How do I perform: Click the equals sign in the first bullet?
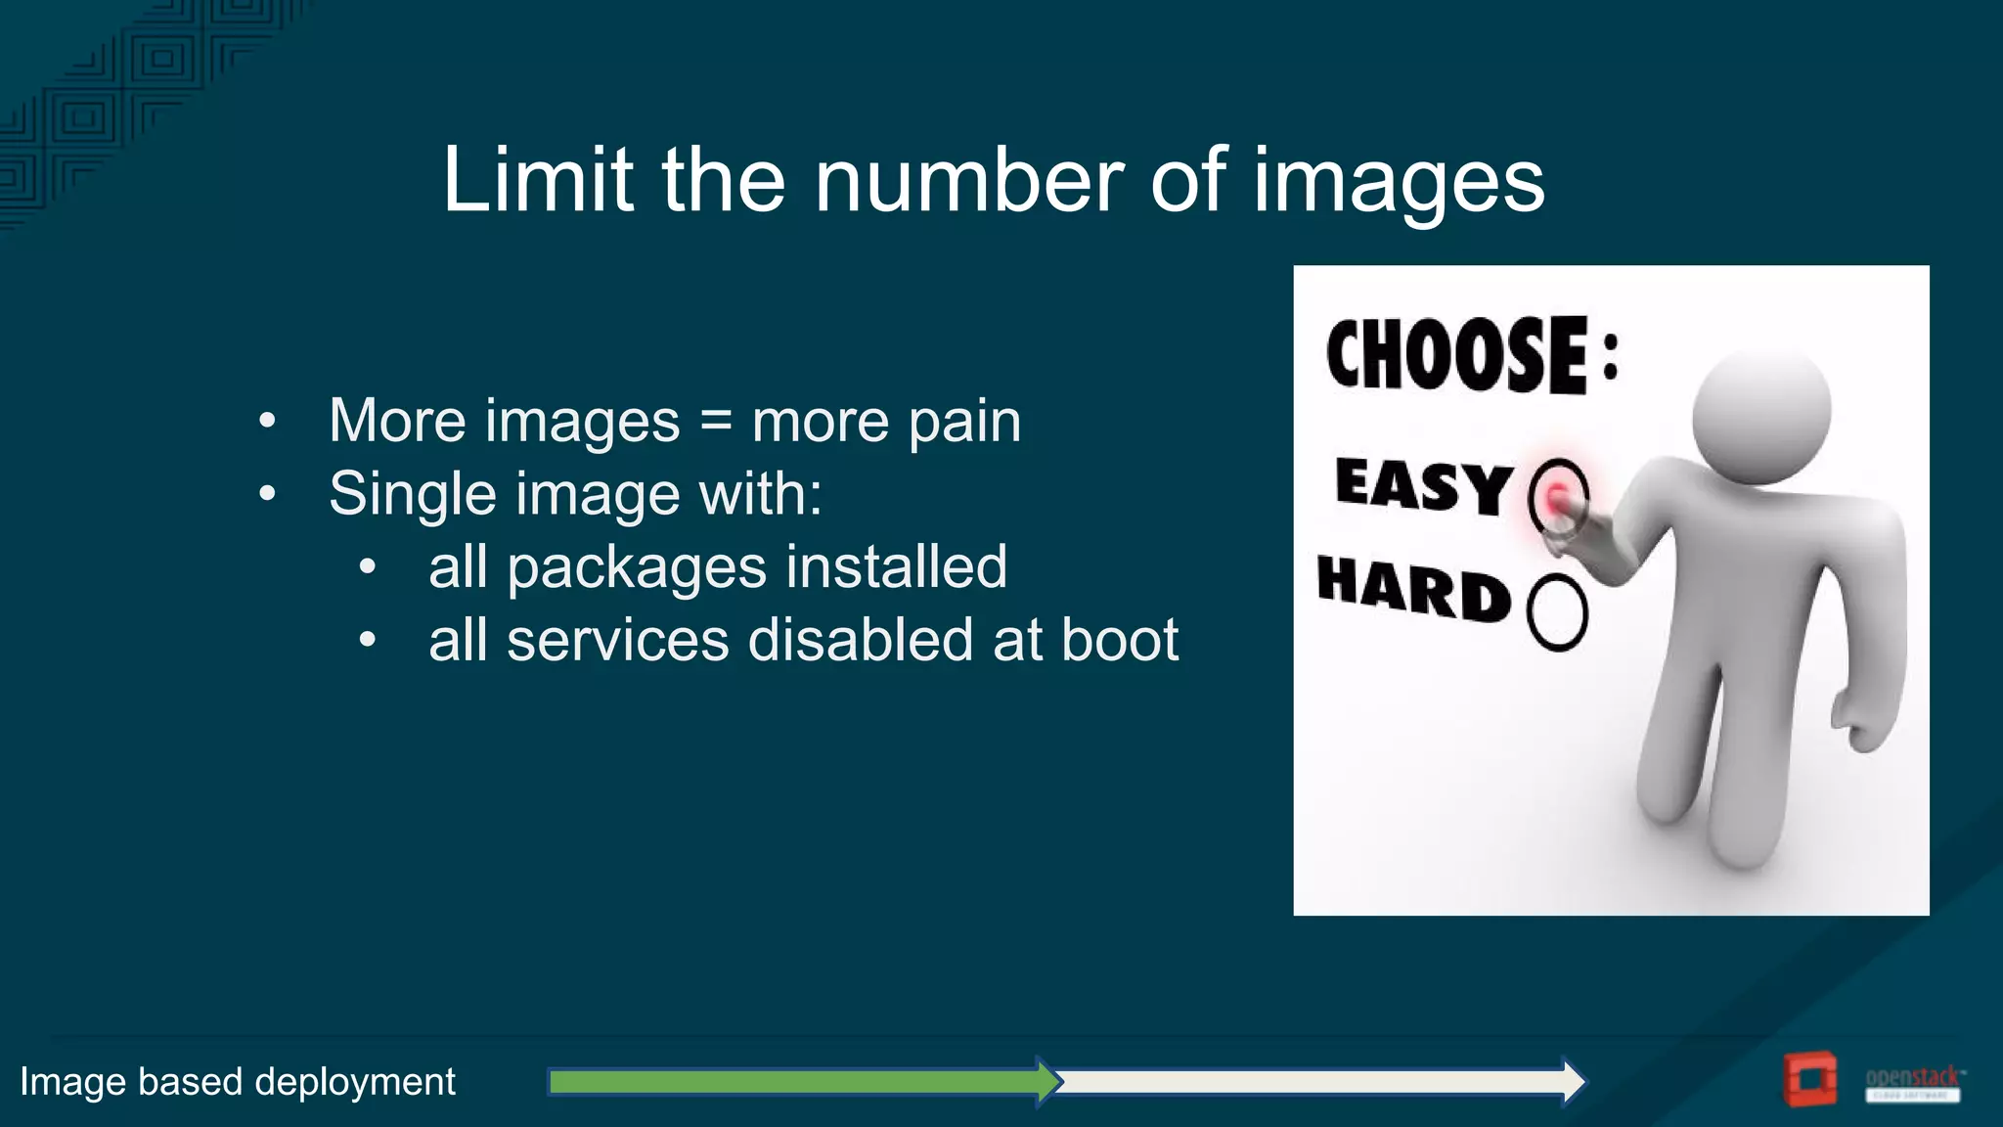pos(716,421)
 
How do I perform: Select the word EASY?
pos(1423,485)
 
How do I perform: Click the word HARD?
pos(1414,589)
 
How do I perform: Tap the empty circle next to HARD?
pos(1557,612)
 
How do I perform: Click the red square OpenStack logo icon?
pos(1809,1080)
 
